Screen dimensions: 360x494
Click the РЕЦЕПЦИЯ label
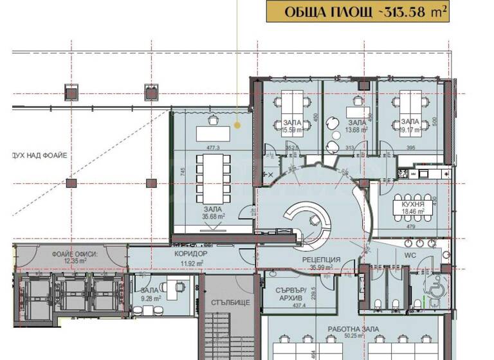pyautogui.click(x=322, y=259)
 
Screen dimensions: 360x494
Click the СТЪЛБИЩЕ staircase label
pyautogui.click(x=225, y=302)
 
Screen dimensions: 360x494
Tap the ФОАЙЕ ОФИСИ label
pyautogui.click(x=75, y=254)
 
